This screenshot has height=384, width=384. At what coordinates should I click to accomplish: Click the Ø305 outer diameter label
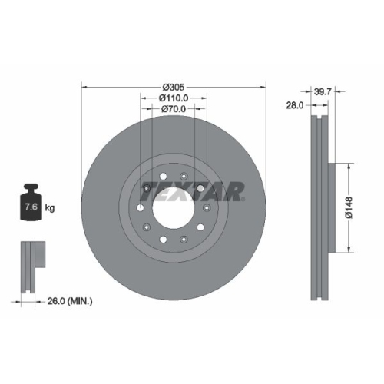tap(174, 87)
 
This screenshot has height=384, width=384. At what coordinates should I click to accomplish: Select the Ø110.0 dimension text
tap(174, 98)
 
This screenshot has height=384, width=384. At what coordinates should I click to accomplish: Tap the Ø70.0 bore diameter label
tap(174, 110)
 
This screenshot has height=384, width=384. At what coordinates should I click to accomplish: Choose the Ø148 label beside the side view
tap(349, 207)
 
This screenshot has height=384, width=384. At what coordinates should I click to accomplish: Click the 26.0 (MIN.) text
tap(69, 302)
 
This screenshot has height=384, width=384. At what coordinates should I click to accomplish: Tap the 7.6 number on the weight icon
tap(31, 207)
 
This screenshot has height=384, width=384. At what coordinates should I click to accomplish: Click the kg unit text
tap(50, 207)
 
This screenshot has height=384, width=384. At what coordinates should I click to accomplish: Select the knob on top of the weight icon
tap(31, 188)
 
